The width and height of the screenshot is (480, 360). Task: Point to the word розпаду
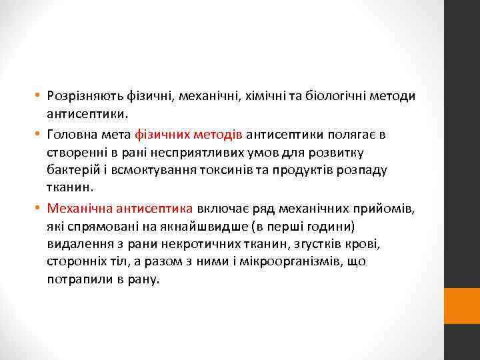(x=363, y=170)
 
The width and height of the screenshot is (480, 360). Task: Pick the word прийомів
(x=391, y=209)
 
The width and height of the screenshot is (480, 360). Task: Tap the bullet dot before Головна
(x=40, y=135)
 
